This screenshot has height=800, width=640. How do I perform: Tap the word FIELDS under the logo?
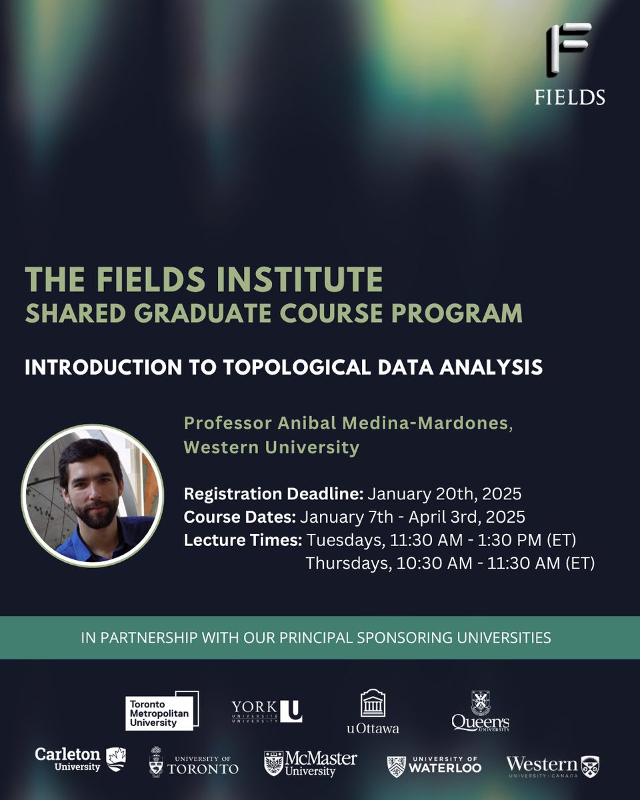(x=569, y=97)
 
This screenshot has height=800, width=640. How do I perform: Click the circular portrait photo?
(x=91, y=494)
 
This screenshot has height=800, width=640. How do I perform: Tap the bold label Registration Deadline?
(x=273, y=494)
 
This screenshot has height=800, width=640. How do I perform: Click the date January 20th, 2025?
(x=444, y=494)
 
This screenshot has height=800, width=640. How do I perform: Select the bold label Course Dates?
(x=240, y=517)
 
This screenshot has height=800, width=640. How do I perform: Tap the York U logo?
(x=266, y=711)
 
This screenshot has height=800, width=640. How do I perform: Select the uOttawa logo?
(x=373, y=711)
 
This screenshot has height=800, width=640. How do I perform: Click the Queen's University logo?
(x=481, y=711)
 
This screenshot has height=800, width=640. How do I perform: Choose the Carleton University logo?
(x=80, y=759)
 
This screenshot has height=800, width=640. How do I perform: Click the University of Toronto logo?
(x=193, y=761)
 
